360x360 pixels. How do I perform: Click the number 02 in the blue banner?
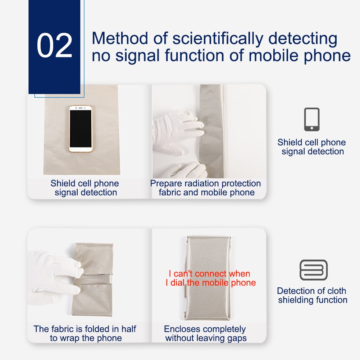pyautogui.click(x=54, y=46)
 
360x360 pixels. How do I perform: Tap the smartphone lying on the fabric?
pyautogui.click(x=81, y=129)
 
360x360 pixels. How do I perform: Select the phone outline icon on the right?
pyautogui.click(x=311, y=119)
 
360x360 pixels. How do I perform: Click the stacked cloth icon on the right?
pyautogui.click(x=313, y=270)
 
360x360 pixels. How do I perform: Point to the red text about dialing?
pyautogui.click(x=210, y=278)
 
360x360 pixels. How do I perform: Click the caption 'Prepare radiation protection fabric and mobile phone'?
pyautogui.click(x=206, y=188)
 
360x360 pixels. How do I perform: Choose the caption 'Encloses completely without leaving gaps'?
pyautogui.click(x=205, y=333)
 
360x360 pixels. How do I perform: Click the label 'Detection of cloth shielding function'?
pyautogui.click(x=312, y=295)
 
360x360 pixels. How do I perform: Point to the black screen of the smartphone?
pyautogui.click(x=81, y=128)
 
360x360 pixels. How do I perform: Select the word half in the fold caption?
pyautogui.click(x=128, y=329)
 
